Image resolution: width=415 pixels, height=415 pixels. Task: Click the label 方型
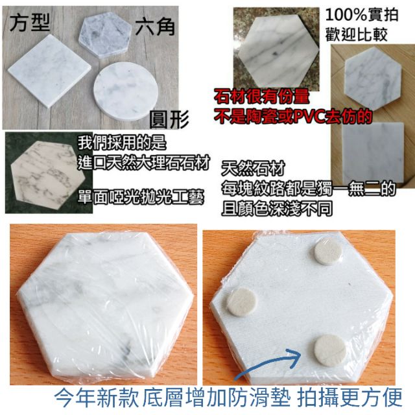[x=30, y=23]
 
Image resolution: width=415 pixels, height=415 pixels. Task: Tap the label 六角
[x=156, y=27]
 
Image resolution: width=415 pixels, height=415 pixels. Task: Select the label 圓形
[x=169, y=119]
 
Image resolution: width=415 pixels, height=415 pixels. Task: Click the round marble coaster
[x=126, y=91]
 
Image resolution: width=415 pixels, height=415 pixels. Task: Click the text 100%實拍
[x=362, y=15]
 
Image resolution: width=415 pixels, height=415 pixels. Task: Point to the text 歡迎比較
[x=356, y=34]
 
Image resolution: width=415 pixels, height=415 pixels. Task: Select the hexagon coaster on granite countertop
[x=278, y=51]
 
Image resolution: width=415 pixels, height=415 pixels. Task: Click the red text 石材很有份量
[x=261, y=97]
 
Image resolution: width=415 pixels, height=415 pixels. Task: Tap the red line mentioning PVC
[x=293, y=117]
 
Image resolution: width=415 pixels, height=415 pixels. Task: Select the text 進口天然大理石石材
[x=144, y=162]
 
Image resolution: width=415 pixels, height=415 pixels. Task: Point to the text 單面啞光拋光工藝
[x=141, y=197]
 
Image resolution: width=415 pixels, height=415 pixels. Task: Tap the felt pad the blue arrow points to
[x=330, y=350]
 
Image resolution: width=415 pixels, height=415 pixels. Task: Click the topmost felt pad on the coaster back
[x=327, y=251]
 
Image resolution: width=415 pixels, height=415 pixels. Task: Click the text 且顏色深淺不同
[x=277, y=209]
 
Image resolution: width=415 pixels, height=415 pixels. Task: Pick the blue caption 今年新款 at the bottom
[x=97, y=398]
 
